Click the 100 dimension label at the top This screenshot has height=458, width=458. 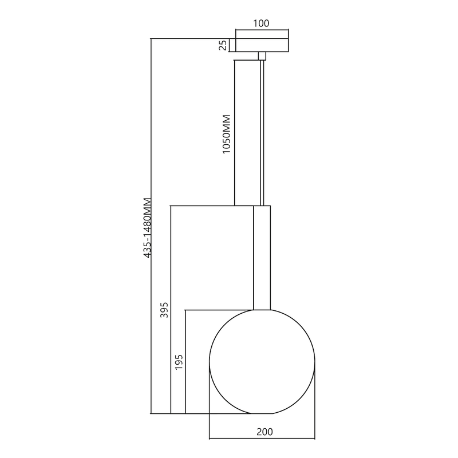(261, 23)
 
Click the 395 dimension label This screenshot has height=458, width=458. (164, 309)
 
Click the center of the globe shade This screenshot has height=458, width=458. (263, 361)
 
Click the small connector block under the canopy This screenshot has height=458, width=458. (262, 56)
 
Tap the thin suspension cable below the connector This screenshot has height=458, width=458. (262, 132)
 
